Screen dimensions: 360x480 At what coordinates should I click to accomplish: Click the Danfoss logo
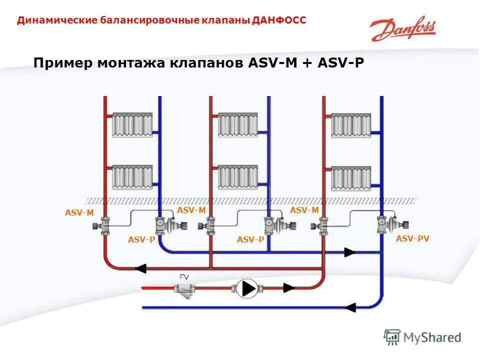tap(403, 31)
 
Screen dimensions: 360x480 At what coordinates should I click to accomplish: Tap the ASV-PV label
tap(412, 239)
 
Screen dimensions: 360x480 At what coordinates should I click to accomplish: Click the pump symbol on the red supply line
tap(246, 288)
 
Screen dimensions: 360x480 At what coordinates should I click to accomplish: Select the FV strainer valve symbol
tap(183, 288)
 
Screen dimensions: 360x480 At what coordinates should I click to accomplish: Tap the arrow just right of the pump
tap(288, 288)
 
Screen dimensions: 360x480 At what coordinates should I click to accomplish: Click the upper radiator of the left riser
tap(132, 124)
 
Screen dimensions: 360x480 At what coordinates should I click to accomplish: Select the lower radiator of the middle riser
tap(238, 177)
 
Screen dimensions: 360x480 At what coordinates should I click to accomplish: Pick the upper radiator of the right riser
tap(351, 125)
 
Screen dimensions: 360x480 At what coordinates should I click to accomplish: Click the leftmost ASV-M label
tap(79, 212)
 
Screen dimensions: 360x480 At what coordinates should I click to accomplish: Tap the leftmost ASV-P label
tap(141, 240)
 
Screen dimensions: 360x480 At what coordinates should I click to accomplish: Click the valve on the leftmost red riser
tap(104, 226)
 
